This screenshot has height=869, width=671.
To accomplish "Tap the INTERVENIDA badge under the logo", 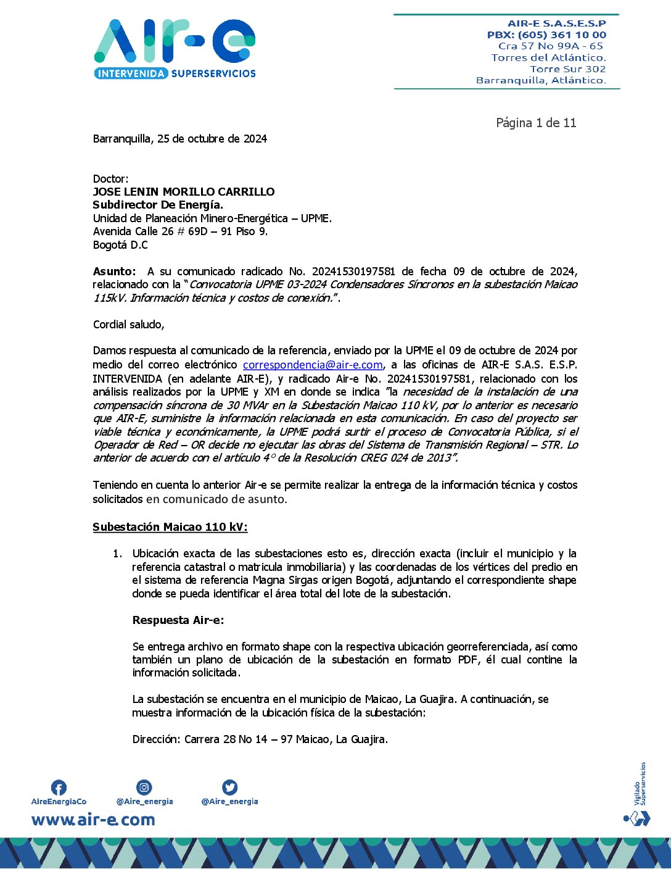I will [131, 73].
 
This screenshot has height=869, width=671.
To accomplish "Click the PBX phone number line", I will [546, 35].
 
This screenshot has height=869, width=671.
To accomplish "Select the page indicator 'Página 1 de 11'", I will [536, 123].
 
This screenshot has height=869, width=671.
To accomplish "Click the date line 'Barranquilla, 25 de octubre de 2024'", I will [179, 139].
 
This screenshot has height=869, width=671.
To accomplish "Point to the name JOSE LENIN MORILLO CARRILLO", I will [184, 192].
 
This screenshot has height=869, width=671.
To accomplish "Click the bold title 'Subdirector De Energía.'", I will [158, 205].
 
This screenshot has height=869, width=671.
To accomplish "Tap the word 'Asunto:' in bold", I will [114, 272].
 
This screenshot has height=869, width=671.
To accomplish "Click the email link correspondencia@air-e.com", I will [313, 365].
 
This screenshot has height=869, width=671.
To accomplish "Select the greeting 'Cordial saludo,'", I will [128, 325].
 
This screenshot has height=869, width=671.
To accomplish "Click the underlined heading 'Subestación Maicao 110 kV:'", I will [170, 527].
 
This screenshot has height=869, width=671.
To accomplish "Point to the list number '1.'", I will [117, 554].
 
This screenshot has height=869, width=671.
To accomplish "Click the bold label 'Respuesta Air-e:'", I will [178, 620].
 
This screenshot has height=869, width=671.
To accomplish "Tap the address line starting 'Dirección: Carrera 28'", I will [260, 739].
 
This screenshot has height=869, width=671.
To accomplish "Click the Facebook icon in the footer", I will [59, 788].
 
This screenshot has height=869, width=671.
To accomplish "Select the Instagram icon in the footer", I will [144, 787].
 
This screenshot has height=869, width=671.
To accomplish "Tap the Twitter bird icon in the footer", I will [229, 787].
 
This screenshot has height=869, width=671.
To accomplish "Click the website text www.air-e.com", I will [93, 820].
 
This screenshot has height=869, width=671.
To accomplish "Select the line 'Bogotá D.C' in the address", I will [120, 245].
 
